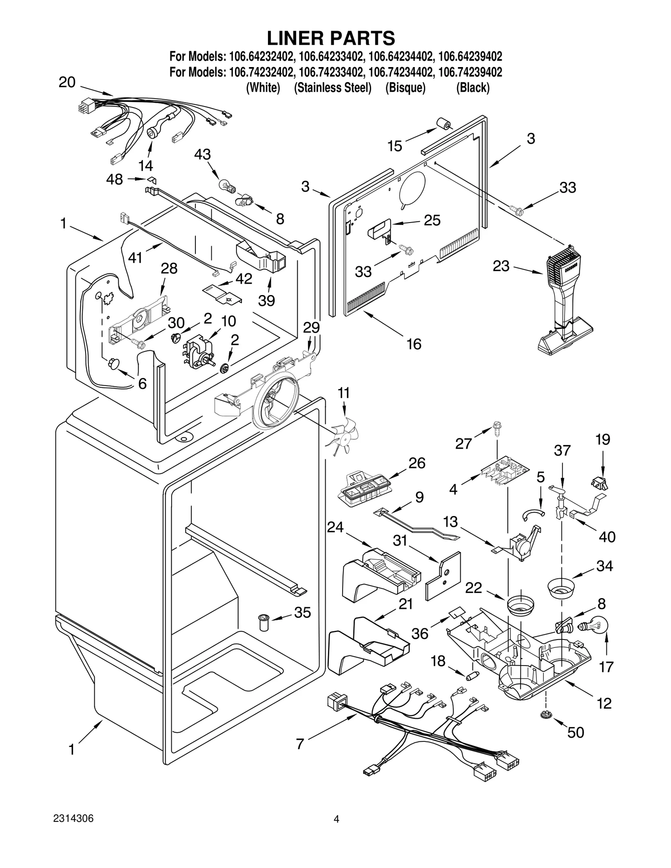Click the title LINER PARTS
point(331,38)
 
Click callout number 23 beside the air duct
point(501,266)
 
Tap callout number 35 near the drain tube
point(302,612)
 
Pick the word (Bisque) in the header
point(406,88)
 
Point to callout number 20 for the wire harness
point(67,82)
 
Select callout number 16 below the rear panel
point(414,344)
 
